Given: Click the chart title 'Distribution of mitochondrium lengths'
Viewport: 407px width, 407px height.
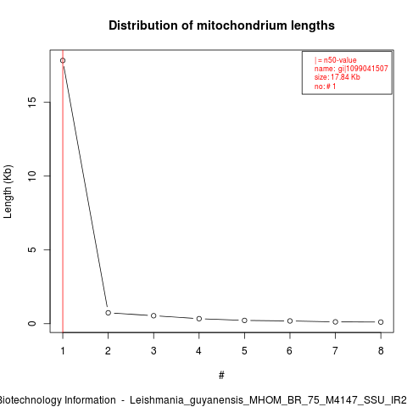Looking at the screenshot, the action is coord(221,25).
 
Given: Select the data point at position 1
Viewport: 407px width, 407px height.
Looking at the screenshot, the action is coord(63,60).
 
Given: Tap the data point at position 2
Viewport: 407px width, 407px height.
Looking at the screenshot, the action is coord(109,313).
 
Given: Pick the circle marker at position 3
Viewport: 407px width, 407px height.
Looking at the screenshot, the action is coord(153,315).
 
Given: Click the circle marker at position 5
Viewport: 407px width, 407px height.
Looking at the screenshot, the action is coord(244,321).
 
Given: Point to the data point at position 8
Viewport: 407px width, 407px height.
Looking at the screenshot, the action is coord(381,322).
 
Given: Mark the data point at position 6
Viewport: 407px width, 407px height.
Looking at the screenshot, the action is coord(290,321).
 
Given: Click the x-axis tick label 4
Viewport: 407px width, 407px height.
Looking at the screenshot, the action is coord(198,351).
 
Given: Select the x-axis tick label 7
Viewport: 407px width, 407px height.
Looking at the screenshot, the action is coord(335,351).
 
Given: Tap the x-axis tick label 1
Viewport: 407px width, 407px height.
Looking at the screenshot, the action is coord(63,351).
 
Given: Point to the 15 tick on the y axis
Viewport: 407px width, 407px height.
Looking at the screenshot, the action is coord(32,102).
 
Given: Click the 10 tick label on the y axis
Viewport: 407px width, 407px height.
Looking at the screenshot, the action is coord(32,176).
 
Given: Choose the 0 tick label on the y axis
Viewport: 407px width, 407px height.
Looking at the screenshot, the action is coord(32,323).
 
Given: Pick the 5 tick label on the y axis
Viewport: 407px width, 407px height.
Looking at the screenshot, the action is coord(32,249).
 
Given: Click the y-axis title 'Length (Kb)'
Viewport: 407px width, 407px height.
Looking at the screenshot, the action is coord(8,192).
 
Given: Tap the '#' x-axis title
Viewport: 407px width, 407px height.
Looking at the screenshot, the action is coord(221,376).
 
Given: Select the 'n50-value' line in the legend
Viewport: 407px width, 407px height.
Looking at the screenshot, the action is coord(336,60).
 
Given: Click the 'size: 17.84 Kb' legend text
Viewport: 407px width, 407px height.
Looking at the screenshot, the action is coord(337,77).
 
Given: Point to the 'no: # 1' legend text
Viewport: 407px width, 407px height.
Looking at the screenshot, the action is coord(325,86).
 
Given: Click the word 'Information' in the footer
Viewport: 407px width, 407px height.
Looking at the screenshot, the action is coord(90,400).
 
